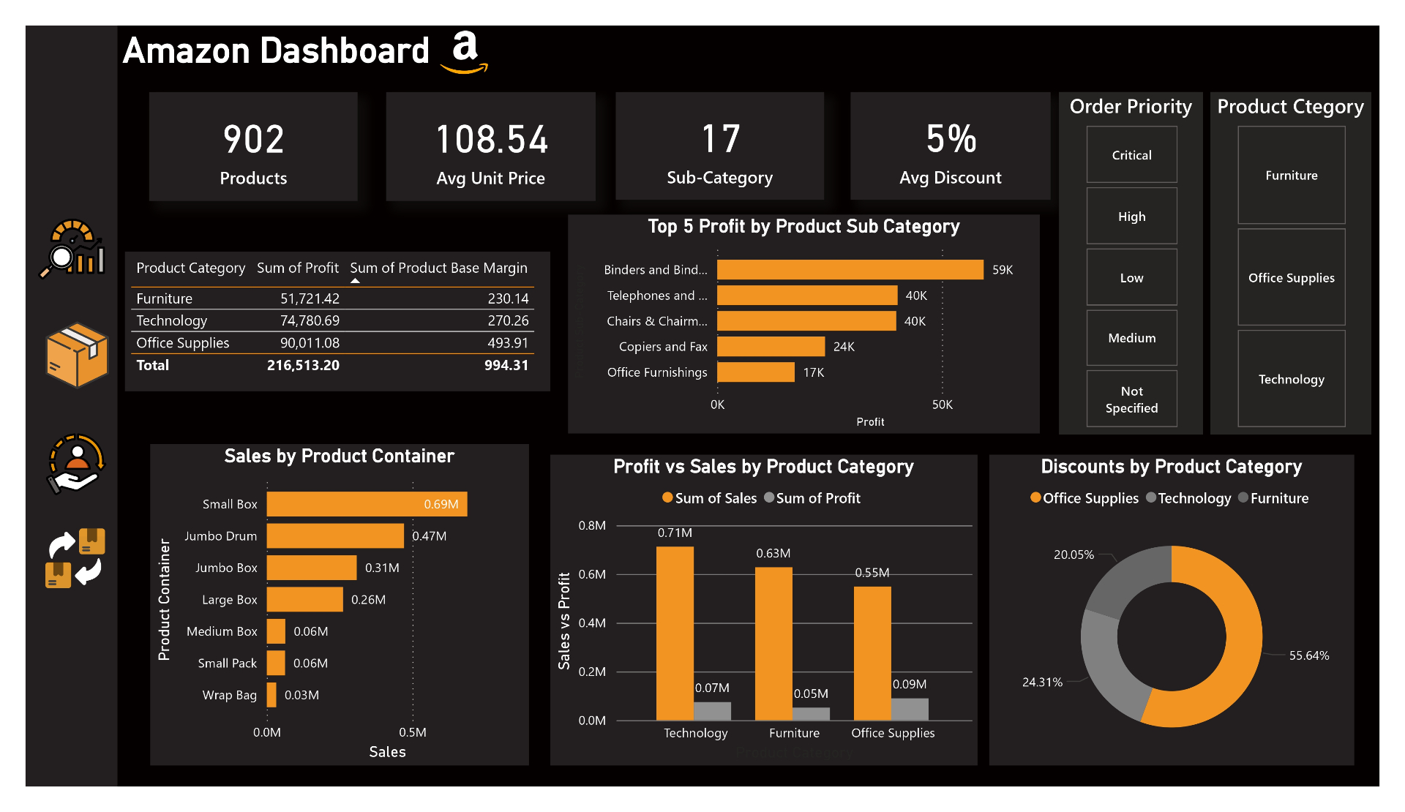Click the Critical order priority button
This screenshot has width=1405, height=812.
pyautogui.click(x=1131, y=155)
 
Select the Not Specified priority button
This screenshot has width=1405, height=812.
pyautogui.click(x=1131, y=399)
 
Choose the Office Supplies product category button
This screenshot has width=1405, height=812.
pyautogui.click(x=1291, y=278)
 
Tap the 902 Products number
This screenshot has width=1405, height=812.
pyautogui.click(x=253, y=139)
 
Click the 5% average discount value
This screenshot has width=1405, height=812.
pyautogui.click(x=951, y=139)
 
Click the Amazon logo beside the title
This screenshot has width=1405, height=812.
pyautogui.click(x=465, y=52)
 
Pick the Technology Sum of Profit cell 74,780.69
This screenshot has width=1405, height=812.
pyautogui.click(x=310, y=320)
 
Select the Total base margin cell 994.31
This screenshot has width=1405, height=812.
pyautogui.click(x=506, y=365)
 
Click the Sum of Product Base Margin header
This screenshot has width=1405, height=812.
pyautogui.click(x=438, y=268)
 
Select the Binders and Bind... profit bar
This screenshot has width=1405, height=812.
pyautogui.click(x=849, y=270)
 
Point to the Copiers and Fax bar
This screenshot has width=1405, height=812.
pyautogui.click(x=770, y=347)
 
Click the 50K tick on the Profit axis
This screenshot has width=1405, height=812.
pyautogui.click(x=942, y=405)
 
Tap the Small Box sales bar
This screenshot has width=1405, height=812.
pyautogui.click(x=366, y=504)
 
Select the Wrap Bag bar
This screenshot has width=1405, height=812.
pyautogui.click(x=271, y=695)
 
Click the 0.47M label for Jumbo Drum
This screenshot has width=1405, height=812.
pyautogui.click(x=429, y=536)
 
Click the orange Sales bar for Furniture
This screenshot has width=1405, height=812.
pyautogui.click(x=773, y=644)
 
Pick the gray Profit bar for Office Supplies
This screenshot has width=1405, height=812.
pyautogui.click(x=910, y=709)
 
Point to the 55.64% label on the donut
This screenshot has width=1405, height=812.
pyautogui.click(x=1308, y=655)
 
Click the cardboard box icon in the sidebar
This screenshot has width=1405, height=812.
pyautogui.click(x=77, y=355)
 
